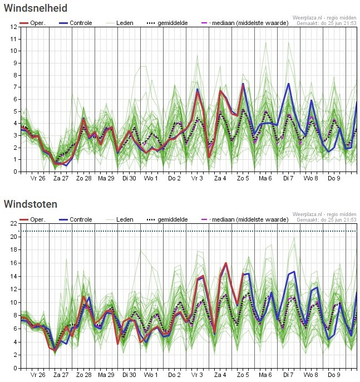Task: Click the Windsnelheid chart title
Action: click(36, 8)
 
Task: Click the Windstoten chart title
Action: click(31, 204)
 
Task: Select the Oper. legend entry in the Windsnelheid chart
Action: click(32, 23)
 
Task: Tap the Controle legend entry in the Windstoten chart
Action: click(76, 219)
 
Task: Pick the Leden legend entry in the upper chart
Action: click(120, 23)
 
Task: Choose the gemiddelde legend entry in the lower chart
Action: click(167, 219)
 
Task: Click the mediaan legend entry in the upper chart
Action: click(245, 23)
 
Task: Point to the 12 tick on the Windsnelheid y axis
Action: click(13, 27)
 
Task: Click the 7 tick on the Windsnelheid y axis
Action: click(16, 87)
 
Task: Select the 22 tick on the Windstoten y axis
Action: click(13, 223)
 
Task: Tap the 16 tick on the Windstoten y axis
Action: click(13, 263)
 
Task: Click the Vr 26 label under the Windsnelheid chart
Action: click(38, 178)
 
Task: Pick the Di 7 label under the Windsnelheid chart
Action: click(288, 178)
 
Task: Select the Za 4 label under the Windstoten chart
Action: click(220, 375)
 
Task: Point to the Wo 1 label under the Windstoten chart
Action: click(151, 375)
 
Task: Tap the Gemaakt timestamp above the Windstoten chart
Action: click(327, 220)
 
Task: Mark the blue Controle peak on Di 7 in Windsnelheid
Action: click(288, 84)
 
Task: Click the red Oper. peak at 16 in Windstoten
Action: click(226, 263)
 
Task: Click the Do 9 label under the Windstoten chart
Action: click(334, 375)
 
